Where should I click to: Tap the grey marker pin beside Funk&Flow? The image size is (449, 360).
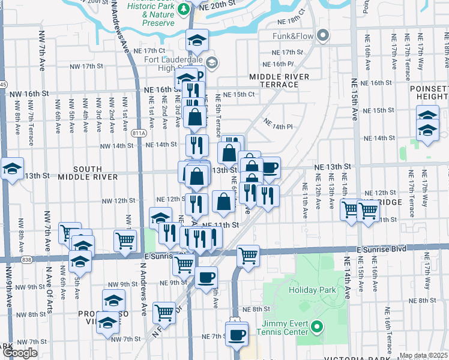point(324,36)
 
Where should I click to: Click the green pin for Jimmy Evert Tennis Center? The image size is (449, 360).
point(318,328)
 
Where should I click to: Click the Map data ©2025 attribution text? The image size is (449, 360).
point(423,355)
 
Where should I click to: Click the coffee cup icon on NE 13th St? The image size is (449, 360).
point(270,167)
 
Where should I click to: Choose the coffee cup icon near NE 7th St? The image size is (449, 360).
point(237,333)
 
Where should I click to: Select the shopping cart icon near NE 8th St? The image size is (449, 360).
point(164,311)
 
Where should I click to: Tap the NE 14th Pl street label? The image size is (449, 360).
point(277,127)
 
